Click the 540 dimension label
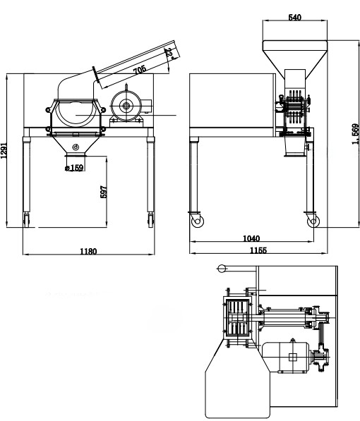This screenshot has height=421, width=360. [x=294, y=18]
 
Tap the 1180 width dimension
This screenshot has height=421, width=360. [x=88, y=252]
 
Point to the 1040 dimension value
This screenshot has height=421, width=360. [x=251, y=238]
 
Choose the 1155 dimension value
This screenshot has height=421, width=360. [x=258, y=250]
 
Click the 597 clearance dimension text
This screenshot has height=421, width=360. [x=104, y=192]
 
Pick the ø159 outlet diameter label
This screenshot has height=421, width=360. [x=74, y=168]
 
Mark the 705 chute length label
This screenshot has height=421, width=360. [x=140, y=70]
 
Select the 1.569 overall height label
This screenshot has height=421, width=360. [x=355, y=134]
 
